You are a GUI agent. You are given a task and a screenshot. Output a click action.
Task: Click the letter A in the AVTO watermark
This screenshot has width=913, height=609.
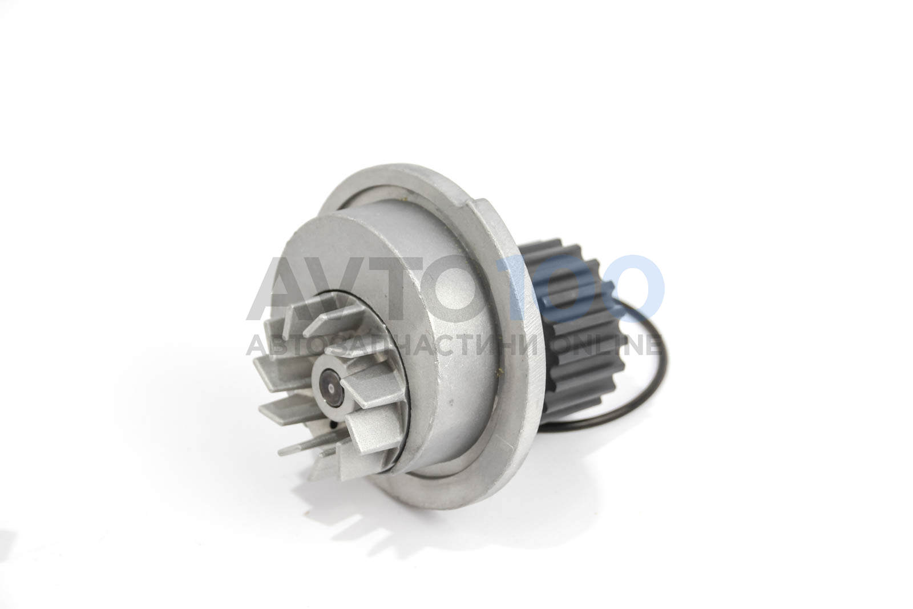coord(285,288)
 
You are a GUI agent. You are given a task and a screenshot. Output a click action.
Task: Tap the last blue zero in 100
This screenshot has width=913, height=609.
coord(631,288)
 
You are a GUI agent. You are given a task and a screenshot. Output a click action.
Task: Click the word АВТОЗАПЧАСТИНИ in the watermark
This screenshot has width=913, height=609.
coord(392,346)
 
